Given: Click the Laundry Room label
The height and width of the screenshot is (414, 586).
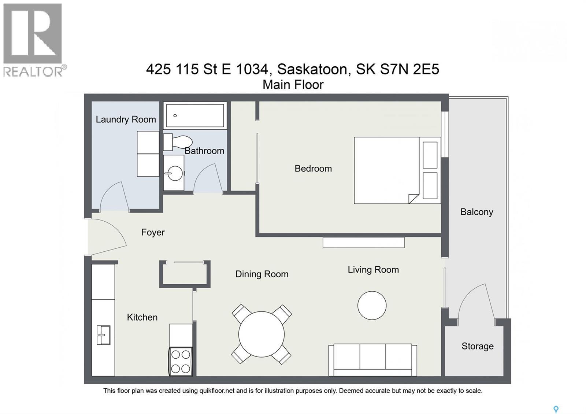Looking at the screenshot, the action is pyautogui.click(x=126, y=119).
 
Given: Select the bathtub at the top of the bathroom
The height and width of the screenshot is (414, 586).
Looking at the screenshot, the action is pyautogui.click(x=195, y=115).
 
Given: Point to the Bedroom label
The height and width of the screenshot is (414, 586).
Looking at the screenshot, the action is pyautogui.click(x=313, y=168).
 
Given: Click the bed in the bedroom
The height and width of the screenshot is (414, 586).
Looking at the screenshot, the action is pyautogui.click(x=397, y=170).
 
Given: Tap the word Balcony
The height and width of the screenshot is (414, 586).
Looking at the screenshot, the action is pyautogui.click(x=476, y=212).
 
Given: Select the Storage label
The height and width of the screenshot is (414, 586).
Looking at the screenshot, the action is pyautogui.click(x=478, y=346).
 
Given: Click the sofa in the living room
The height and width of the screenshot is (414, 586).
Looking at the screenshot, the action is pyautogui.click(x=373, y=360).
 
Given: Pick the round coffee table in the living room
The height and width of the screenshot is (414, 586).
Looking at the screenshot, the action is pyautogui.click(x=372, y=306).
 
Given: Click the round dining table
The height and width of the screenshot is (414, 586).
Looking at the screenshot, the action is pyautogui.click(x=262, y=334).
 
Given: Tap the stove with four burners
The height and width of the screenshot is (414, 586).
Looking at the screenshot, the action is pyautogui.click(x=181, y=362).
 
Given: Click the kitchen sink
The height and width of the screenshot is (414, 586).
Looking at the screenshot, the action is pyautogui.click(x=103, y=335).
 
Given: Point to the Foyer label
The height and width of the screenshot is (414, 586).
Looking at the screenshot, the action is pyautogui.click(x=153, y=232).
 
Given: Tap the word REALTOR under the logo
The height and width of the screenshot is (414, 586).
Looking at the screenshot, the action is pyautogui.click(x=33, y=71).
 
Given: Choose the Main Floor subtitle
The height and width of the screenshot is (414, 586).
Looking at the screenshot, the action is pyautogui.click(x=293, y=85).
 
